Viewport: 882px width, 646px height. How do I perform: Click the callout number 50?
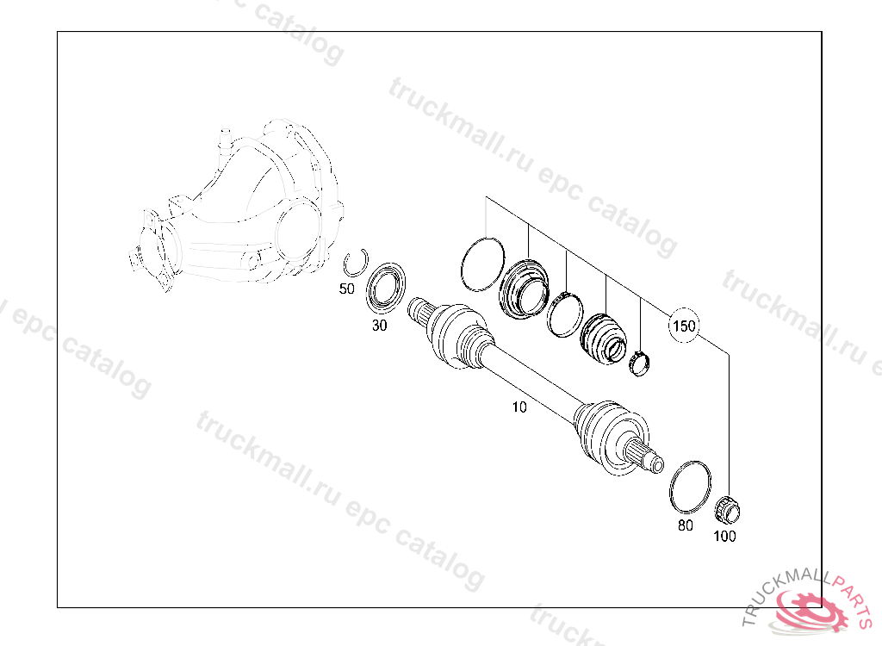[x=346, y=289]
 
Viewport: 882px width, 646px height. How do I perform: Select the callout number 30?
[x=380, y=326]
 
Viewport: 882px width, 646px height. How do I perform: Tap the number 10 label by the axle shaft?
[x=519, y=407]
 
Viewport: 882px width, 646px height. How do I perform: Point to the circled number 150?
[x=683, y=326]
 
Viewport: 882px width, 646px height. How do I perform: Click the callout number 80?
[x=685, y=525]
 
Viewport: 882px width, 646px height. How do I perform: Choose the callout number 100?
[x=724, y=537]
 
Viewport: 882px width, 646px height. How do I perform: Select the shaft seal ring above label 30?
[x=386, y=287]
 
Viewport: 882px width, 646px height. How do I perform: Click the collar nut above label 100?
[x=727, y=509]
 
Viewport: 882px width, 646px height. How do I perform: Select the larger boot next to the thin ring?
[x=524, y=288]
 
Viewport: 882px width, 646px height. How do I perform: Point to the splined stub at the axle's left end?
[x=419, y=311]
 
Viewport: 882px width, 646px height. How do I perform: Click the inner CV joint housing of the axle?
[x=456, y=337]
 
